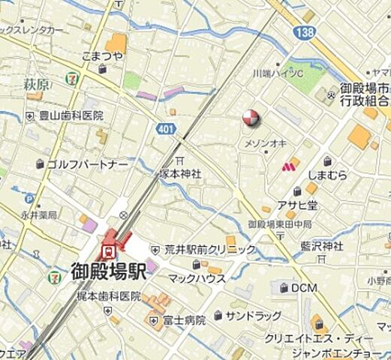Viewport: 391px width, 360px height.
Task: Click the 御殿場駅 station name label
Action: coord(108,271)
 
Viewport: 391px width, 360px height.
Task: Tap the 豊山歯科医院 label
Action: coord(70,116)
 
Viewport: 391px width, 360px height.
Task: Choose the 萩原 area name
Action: coord(35,85)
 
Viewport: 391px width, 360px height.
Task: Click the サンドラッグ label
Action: coord(254,316)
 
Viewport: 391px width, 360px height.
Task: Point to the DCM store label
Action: coord(303,287)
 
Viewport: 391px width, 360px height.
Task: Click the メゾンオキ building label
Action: coord(265,142)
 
